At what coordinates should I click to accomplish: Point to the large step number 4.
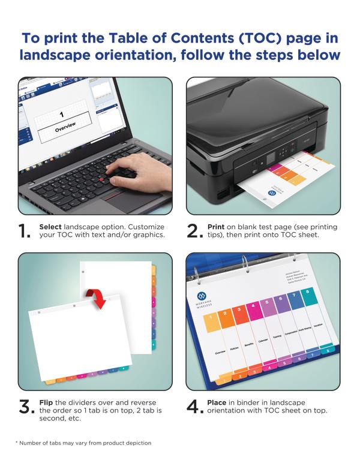194,408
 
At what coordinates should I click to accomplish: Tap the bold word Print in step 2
216,227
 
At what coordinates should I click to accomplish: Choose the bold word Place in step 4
217,402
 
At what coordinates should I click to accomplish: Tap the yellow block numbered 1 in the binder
211,321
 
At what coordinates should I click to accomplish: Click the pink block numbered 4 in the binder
253,312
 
